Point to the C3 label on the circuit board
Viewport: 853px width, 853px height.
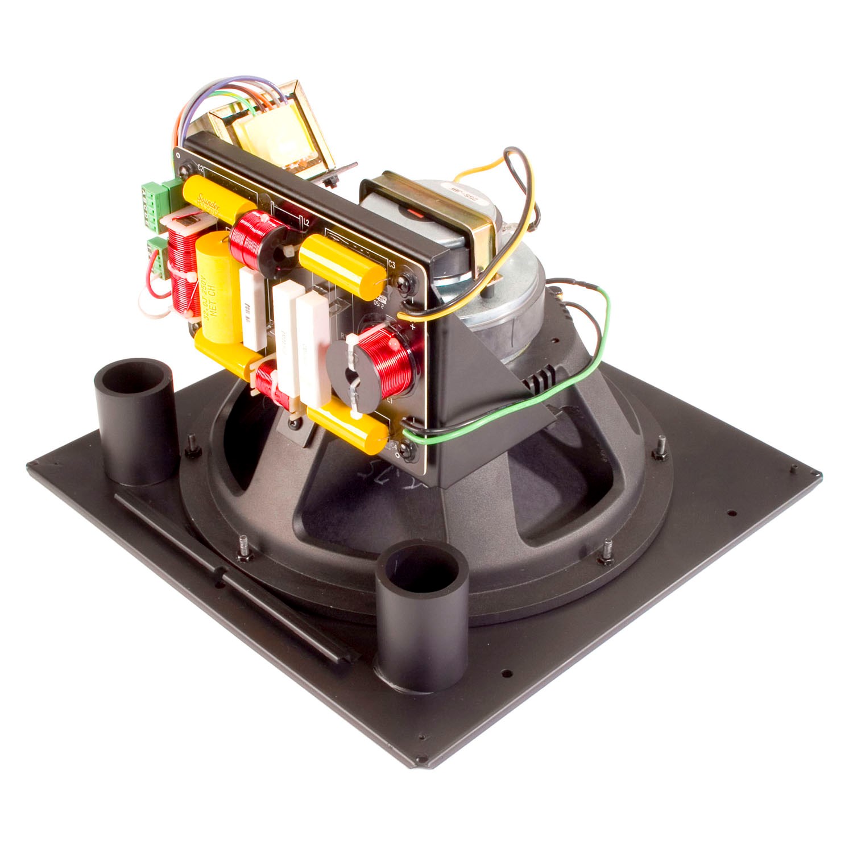point(391,263)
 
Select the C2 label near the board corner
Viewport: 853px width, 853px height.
point(200,169)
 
